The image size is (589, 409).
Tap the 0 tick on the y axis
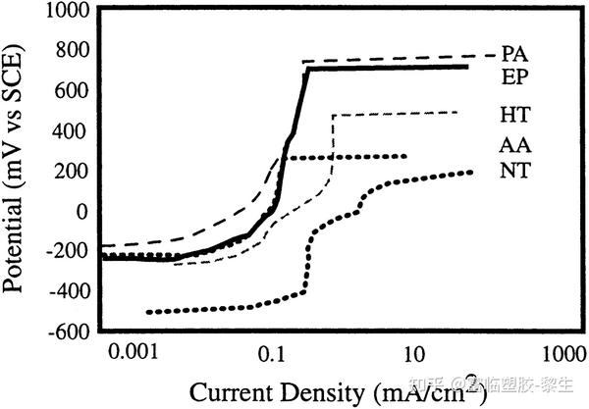(84, 210)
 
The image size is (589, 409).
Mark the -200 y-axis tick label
(70, 251)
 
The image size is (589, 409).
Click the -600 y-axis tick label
(70, 332)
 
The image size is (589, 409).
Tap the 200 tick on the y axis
(74, 171)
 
